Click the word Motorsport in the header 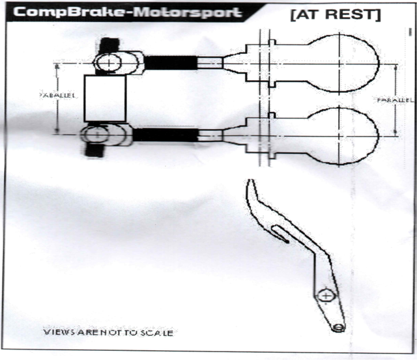pos(187,12)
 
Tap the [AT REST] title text pos(336,14)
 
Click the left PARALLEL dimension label pos(57,95)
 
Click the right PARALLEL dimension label pos(395,100)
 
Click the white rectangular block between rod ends pos(105,98)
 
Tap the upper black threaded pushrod pos(171,62)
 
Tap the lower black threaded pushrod pos(165,135)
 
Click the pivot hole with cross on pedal pos(326,296)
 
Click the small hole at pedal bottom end pos(338,328)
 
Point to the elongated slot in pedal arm pos(280,234)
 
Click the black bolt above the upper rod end pos(109,45)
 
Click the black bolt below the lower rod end pos(94,150)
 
